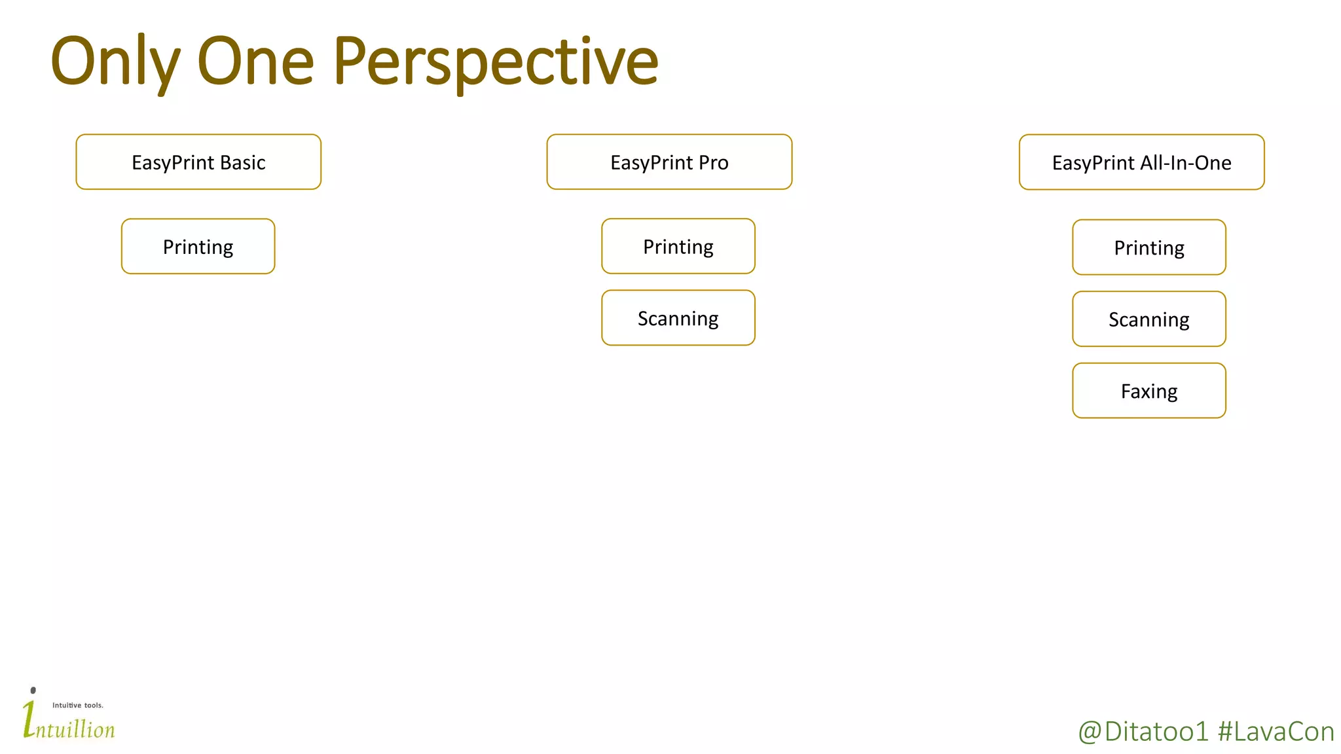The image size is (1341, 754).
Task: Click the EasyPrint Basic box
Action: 198,162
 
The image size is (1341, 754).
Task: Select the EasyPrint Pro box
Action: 669,162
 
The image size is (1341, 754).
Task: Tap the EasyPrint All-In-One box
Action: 1141,162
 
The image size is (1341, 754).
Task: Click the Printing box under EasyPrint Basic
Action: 198,247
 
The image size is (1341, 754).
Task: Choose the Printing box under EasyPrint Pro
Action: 678,247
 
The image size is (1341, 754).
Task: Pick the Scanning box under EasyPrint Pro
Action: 678,318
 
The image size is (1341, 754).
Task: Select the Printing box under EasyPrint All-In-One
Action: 1148,247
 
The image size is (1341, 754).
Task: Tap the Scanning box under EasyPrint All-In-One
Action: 1148,319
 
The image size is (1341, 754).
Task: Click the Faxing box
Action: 1148,391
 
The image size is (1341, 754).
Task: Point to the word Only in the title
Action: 115,62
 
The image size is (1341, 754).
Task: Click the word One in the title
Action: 255,62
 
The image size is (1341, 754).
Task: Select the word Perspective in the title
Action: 495,62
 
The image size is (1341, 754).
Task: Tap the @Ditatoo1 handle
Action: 1143,732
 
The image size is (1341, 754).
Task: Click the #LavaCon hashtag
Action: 1276,732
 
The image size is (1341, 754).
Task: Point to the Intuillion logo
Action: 69,723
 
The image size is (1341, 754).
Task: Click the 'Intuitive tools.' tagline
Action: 78,706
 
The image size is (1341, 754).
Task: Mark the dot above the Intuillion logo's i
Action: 33,691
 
